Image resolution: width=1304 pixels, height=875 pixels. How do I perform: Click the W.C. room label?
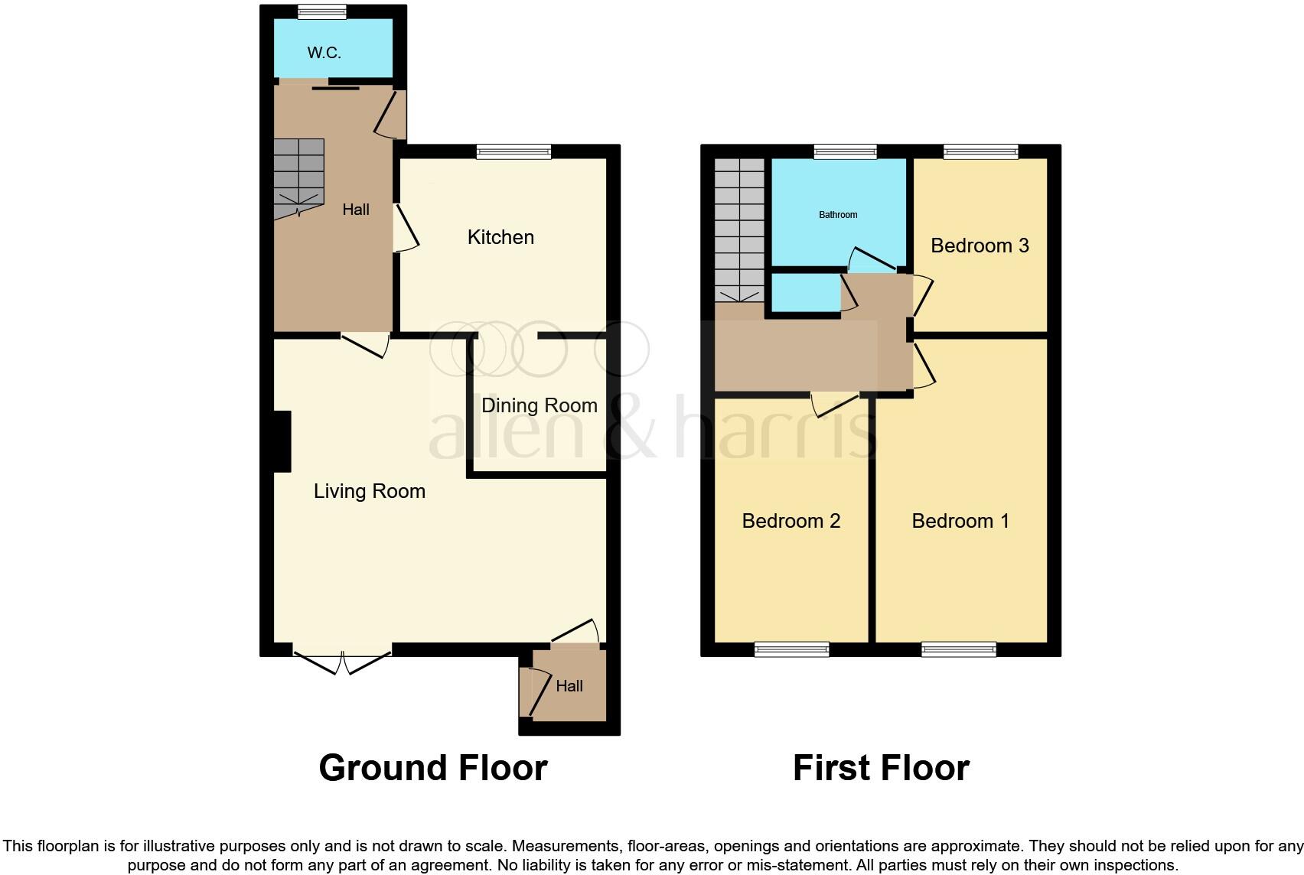[x=324, y=53]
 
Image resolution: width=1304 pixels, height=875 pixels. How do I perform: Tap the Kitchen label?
[x=500, y=237]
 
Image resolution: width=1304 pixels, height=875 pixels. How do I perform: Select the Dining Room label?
[x=539, y=405]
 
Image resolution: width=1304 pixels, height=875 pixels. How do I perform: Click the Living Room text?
[x=369, y=491]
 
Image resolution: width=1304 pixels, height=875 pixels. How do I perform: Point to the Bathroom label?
[x=838, y=215]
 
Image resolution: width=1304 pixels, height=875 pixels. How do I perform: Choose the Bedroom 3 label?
[x=980, y=246]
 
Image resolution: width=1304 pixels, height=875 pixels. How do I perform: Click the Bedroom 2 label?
[x=791, y=521]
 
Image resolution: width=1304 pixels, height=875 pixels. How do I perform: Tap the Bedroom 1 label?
[x=960, y=521]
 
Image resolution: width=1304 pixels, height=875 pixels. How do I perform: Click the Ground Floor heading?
[x=432, y=768]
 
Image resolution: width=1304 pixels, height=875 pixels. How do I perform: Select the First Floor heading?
[x=881, y=768]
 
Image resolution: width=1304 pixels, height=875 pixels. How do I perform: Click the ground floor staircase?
[x=298, y=176]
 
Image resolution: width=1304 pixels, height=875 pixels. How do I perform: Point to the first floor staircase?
[x=739, y=229]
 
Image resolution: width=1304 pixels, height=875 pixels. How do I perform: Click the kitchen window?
[x=513, y=151]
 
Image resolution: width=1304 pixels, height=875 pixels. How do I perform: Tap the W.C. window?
[x=321, y=11]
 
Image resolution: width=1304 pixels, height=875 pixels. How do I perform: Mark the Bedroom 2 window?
[x=791, y=649]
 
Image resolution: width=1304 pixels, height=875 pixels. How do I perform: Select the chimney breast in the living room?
[x=282, y=441]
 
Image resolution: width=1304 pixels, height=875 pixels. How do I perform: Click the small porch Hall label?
[x=569, y=686]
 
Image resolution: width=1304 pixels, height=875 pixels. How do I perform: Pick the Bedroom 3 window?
[x=980, y=151]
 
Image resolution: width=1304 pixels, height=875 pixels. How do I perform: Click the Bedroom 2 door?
[x=836, y=403]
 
